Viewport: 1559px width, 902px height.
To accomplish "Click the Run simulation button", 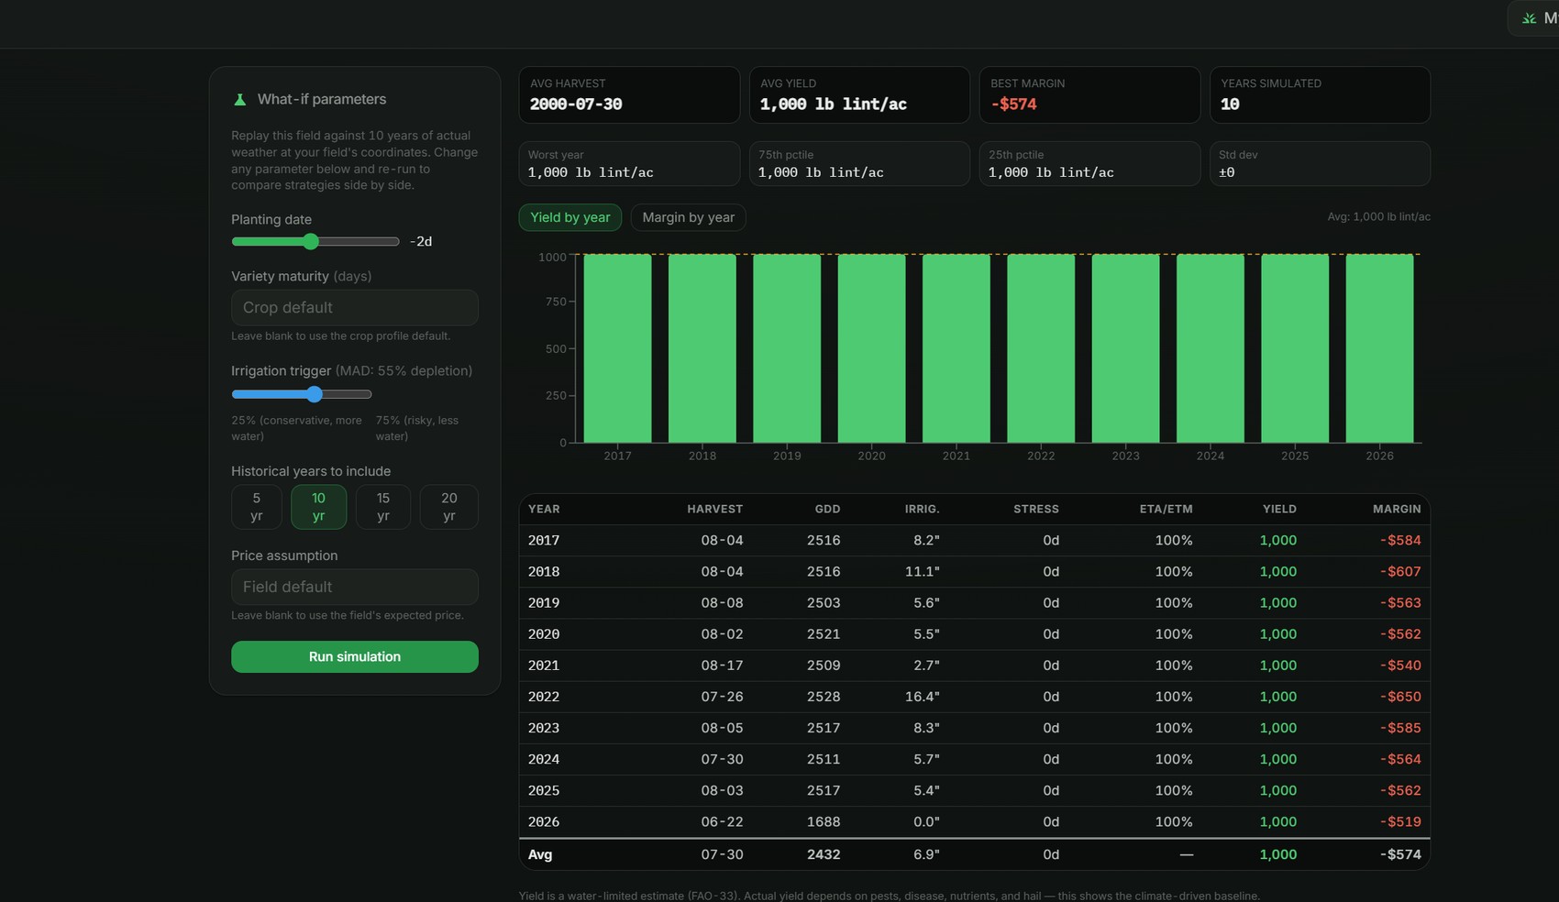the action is coord(354,656).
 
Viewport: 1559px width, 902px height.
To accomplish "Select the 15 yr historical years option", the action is coord(382,507).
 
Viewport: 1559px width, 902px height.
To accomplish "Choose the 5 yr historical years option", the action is coord(256,507).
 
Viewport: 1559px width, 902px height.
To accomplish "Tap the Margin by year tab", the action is coord(688,217).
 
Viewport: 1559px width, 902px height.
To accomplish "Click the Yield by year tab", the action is coord(570,217).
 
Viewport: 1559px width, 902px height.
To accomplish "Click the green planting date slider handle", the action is coord(310,241).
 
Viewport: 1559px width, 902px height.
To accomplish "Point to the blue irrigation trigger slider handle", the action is coord(315,394).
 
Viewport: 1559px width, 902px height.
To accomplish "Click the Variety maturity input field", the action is coord(354,307).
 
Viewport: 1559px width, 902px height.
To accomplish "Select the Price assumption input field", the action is coord(354,587).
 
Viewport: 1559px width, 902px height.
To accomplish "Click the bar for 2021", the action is coord(956,348).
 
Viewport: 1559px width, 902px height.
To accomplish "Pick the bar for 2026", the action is coord(1379,348).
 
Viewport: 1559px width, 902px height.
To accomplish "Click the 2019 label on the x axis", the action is coord(787,456).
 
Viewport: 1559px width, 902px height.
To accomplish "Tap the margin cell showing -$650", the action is coord(1400,697).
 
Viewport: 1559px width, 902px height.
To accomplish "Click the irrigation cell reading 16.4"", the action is coord(922,697).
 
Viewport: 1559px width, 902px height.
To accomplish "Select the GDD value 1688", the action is coord(824,822).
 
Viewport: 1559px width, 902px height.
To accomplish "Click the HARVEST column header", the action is coord(714,509).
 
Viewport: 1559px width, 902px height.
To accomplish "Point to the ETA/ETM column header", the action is coord(1166,509).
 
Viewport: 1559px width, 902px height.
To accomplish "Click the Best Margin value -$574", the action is coord(1013,104).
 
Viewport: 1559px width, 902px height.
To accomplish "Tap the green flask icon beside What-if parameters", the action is coord(239,99).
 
